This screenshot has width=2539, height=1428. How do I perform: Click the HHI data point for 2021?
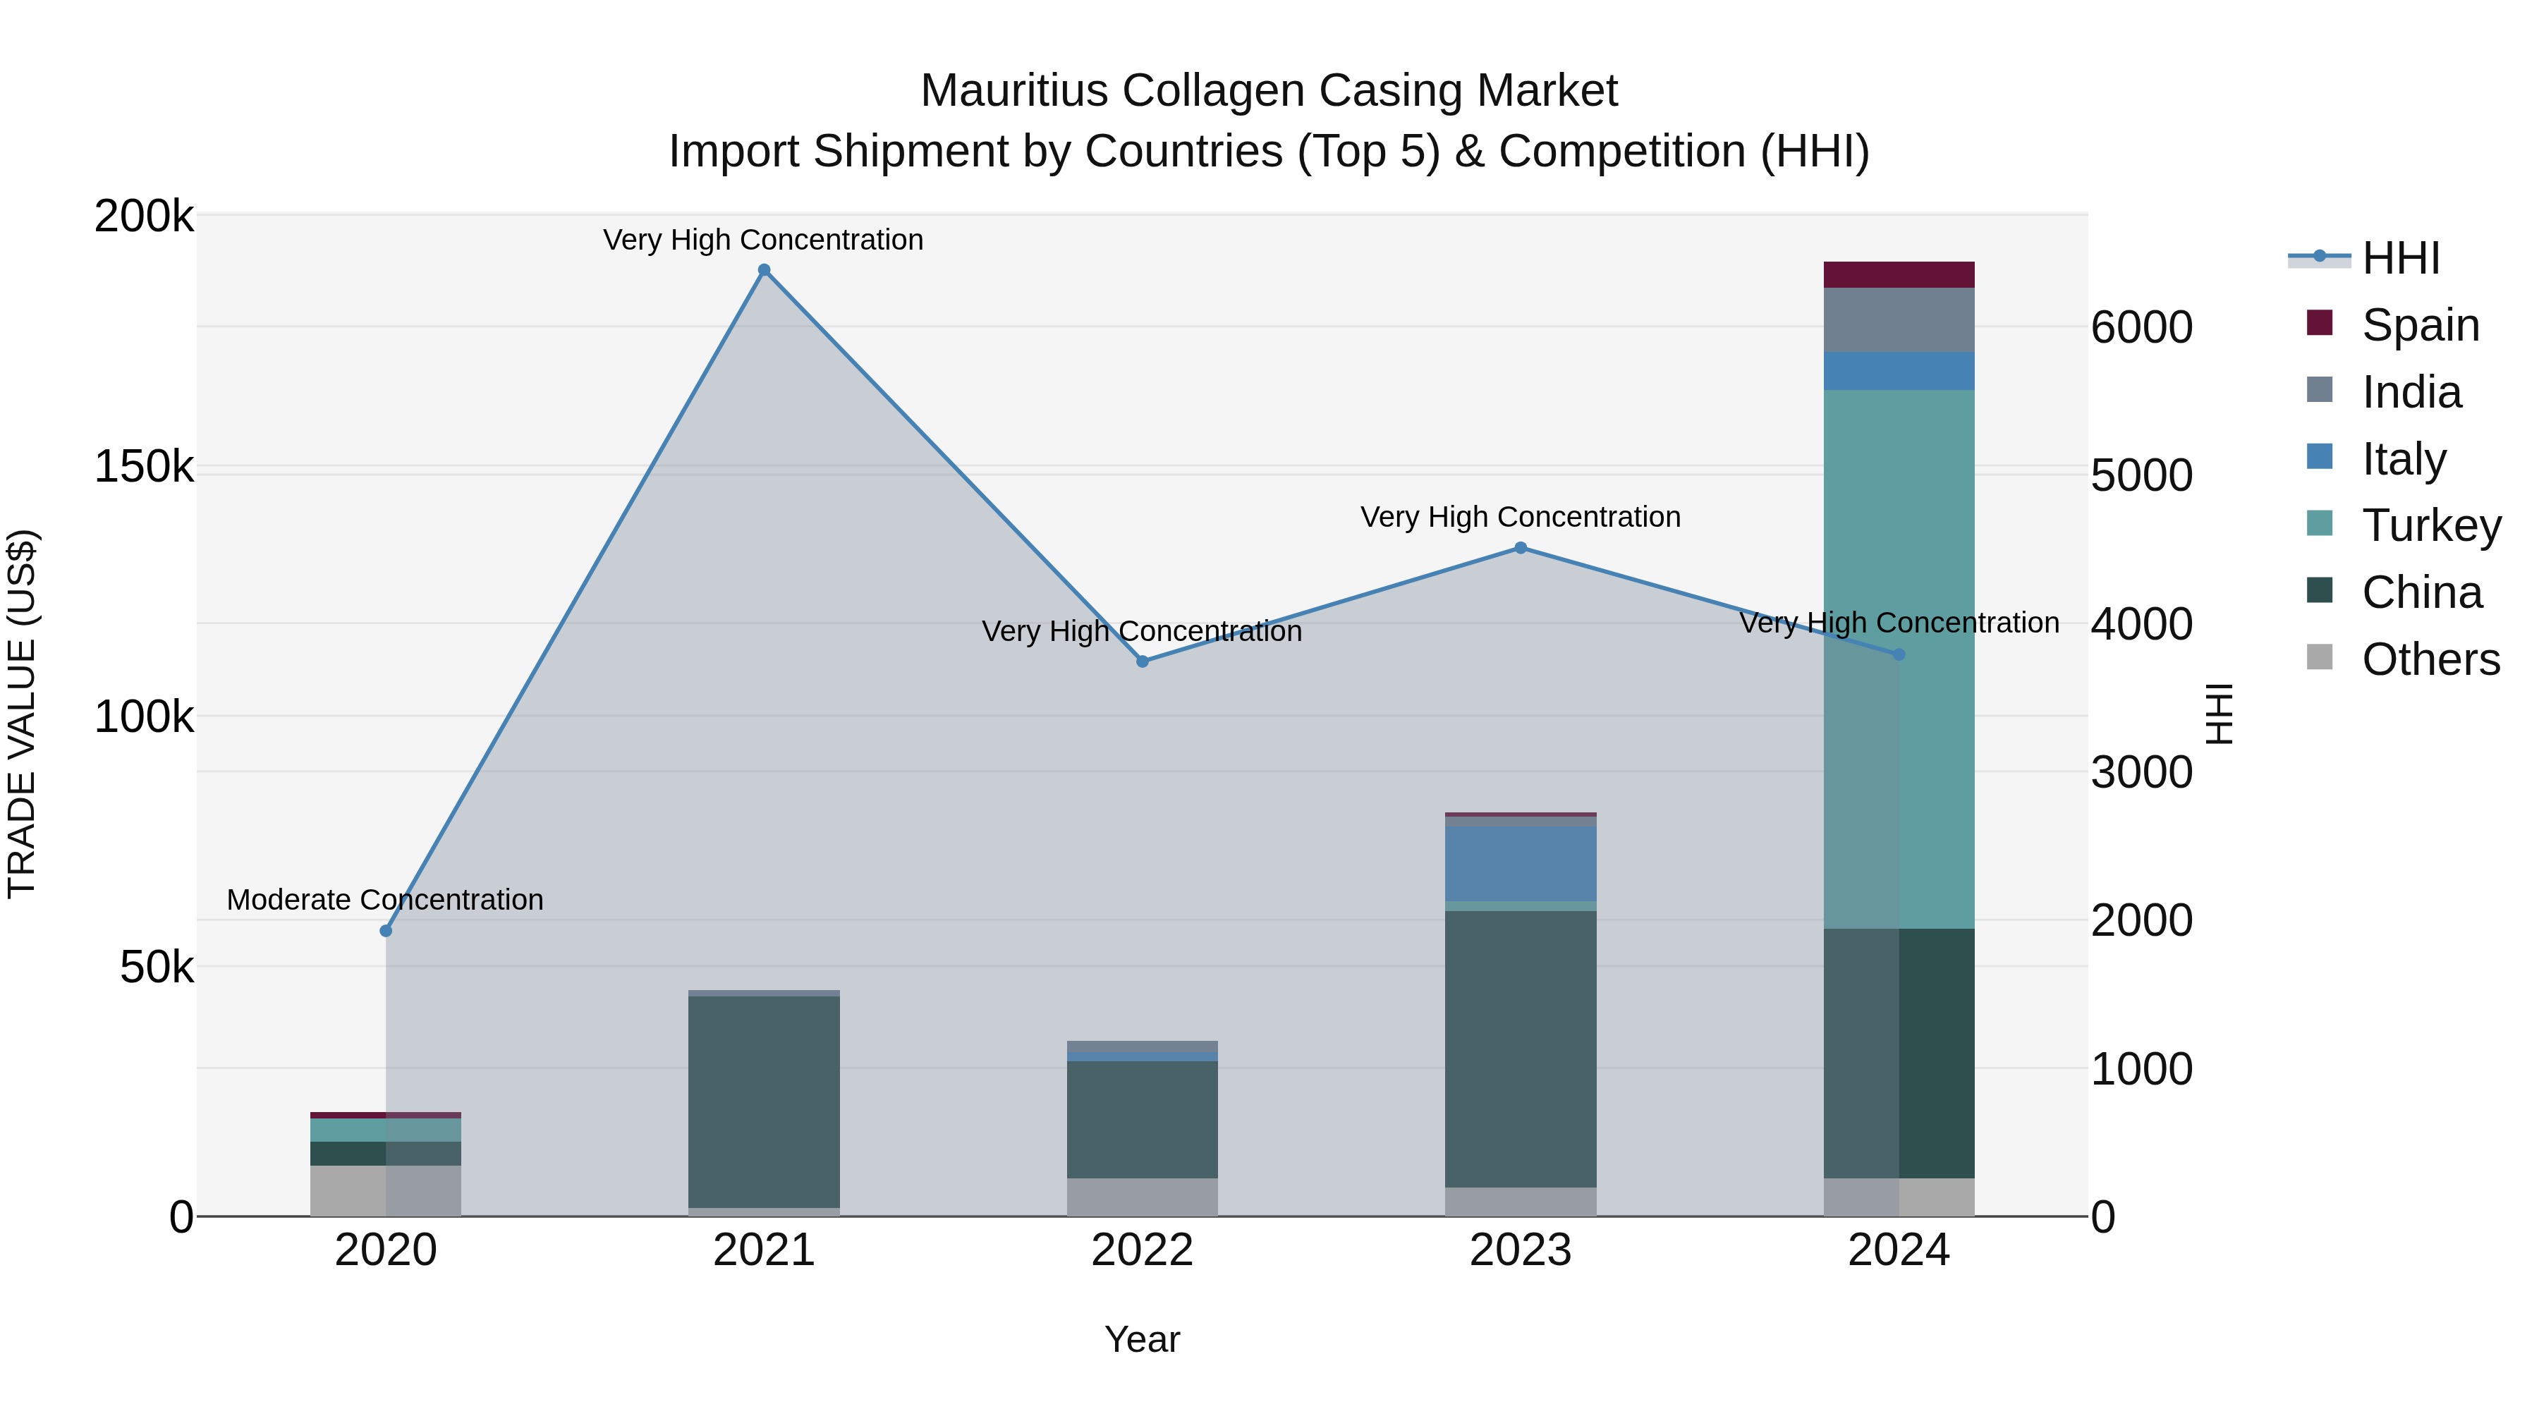click(764, 270)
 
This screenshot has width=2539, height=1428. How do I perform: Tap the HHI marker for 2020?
click(385, 930)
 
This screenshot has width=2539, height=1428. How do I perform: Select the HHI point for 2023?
click(1520, 548)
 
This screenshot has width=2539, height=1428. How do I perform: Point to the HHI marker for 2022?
click(1143, 661)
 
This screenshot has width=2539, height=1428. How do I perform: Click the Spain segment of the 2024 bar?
click(1899, 275)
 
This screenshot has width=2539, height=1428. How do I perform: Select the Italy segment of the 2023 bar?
click(1520, 863)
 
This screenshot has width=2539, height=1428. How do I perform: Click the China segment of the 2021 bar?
click(764, 1101)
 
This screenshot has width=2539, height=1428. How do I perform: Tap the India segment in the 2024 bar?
click(1899, 319)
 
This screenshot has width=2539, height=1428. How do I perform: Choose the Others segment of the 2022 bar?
click(1143, 1197)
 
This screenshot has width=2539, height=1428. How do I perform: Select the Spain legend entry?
click(2420, 325)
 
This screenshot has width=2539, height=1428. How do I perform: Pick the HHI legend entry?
click(2400, 258)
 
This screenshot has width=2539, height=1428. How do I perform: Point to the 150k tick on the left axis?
click(144, 466)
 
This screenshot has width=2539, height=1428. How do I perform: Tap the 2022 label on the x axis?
click(1143, 1250)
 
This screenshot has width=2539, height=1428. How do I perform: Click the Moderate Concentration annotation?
click(384, 900)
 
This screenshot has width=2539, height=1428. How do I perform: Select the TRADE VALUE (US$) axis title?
click(23, 714)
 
